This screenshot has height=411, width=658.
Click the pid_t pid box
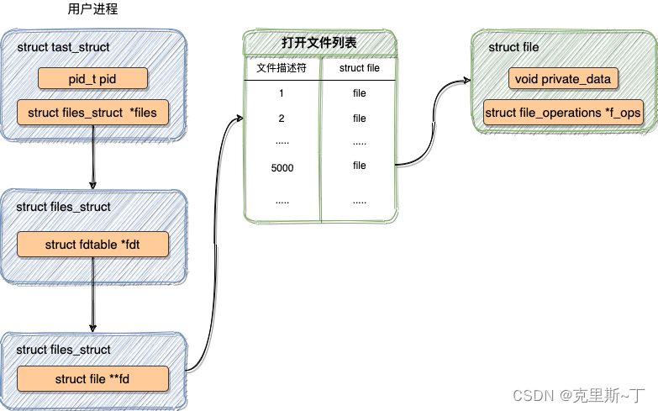coord(92,79)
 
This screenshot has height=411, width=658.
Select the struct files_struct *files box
coord(92,112)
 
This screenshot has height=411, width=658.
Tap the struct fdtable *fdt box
coord(93,245)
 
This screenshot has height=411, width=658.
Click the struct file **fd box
coord(92,379)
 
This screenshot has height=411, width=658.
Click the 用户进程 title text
coord(92,10)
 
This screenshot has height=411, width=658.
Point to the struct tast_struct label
coord(63,47)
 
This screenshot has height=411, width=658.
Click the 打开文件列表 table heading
coord(318,42)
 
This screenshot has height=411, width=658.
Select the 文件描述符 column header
coord(282,68)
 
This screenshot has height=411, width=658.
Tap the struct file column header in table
coord(359,68)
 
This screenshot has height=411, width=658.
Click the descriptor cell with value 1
coord(282,93)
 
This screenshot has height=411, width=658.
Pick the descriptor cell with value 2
coord(282,119)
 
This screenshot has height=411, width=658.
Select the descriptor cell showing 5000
coord(282,168)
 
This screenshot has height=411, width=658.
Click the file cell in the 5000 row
coord(360,166)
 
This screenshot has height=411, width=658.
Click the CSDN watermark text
coord(578,394)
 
